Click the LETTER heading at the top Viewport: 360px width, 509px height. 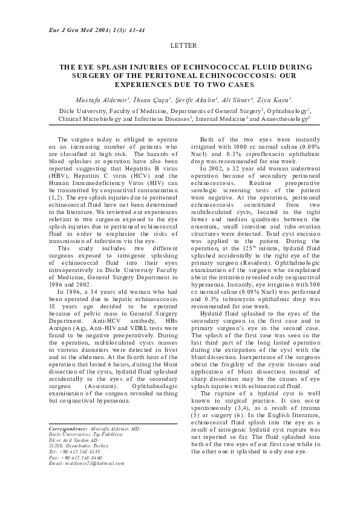click(180, 46)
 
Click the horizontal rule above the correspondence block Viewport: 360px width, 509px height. click(113, 424)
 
